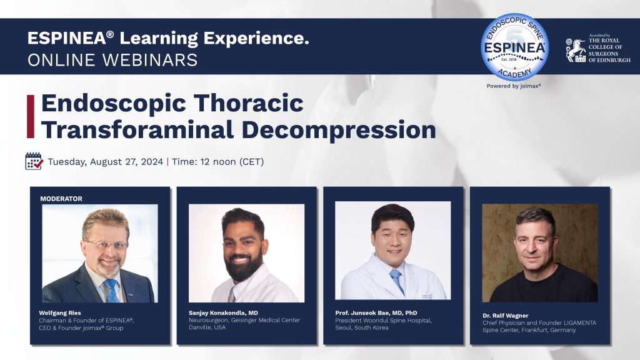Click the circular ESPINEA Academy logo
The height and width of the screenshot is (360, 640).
point(514,47)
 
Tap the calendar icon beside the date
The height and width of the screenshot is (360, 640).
point(34,161)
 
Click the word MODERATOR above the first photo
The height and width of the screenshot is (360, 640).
point(61,199)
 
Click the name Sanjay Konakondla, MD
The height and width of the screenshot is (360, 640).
point(223,313)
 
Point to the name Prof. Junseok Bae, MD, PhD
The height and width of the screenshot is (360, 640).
point(376,313)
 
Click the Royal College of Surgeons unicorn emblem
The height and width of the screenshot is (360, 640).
point(576,50)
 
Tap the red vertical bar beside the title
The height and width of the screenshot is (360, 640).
point(31,116)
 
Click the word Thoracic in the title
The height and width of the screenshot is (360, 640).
point(248,102)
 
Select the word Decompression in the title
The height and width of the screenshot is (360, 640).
point(339,130)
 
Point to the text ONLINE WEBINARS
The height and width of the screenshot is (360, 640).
point(112,60)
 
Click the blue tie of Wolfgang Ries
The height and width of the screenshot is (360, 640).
point(111,291)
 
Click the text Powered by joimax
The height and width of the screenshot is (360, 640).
point(514,86)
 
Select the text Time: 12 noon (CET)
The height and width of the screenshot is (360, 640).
point(218,162)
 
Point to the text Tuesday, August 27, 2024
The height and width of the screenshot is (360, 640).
point(105,162)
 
